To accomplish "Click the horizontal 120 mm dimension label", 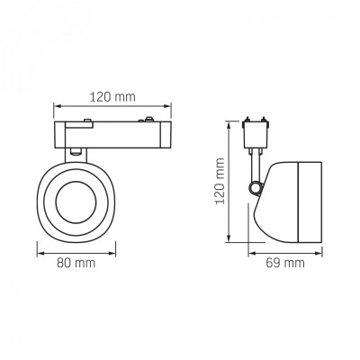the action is pos(112,97).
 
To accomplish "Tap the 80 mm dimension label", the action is pos(76,263).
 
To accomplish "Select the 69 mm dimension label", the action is pos(284,263).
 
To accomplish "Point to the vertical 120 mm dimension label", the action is pos(220,181).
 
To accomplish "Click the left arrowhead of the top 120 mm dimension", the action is pos(58,106).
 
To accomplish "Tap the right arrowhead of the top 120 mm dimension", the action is pos(167,106).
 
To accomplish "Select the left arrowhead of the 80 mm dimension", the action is pos(40,254).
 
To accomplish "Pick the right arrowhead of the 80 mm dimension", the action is pos(112,254).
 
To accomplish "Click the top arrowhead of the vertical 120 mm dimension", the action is pos(229,125).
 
